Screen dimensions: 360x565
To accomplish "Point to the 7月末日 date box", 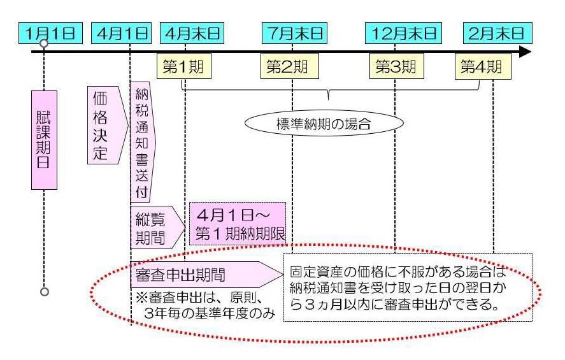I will click(292, 32).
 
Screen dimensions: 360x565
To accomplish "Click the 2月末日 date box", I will click(497, 32).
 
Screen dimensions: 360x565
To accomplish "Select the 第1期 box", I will click(183, 66).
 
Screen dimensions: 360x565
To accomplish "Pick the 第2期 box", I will click(287, 66).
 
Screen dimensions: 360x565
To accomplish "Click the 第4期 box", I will click(482, 66).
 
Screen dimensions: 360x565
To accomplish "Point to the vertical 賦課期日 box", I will click(44, 140).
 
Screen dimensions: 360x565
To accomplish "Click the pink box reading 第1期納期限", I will click(238, 224).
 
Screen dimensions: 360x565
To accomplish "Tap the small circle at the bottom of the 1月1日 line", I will click(44, 291).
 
